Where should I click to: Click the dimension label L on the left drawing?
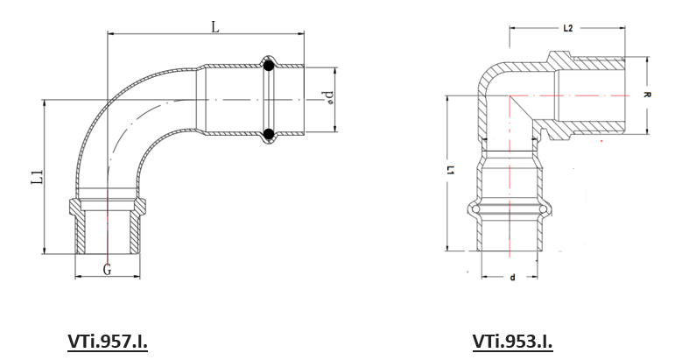[x=215, y=27]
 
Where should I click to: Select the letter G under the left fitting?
[x=107, y=270]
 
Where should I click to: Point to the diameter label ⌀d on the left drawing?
[x=329, y=97]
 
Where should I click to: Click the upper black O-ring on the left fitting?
[x=269, y=67]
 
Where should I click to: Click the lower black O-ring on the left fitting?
[x=269, y=134]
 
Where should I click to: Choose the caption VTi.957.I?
[x=108, y=342]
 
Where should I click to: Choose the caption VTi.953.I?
[x=512, y=342]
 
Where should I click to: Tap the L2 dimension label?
[x=567, y=28]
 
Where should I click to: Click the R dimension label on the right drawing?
[x=647, y=95]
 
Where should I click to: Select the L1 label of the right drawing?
[x=451, y=170]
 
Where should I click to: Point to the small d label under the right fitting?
[x=512, y=278]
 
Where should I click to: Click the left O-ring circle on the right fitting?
[x=476, y=209]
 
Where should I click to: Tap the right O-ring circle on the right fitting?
[x=544, y=209]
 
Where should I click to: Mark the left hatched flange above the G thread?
[x=75, y=205]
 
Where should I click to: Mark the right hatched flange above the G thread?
[x=139, y=205]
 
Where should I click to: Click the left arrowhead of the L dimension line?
[x=111, y=33]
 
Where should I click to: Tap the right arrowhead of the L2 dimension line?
[x=622, y=28]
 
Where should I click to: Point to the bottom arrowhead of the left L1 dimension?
[x=45, y=250]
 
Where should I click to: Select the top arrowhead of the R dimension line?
[x=647, y=60]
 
